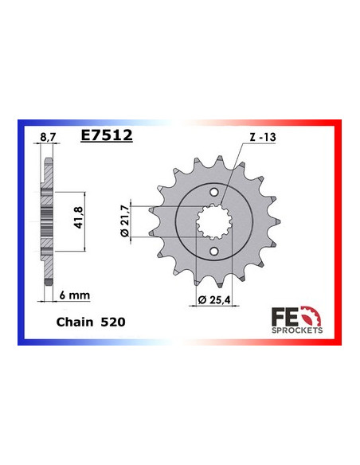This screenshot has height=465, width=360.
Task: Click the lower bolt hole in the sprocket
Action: [x=213, y=253]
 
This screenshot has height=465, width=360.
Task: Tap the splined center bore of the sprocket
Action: [x=213, y=222]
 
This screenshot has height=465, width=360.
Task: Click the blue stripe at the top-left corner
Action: [x=24, y=127]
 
